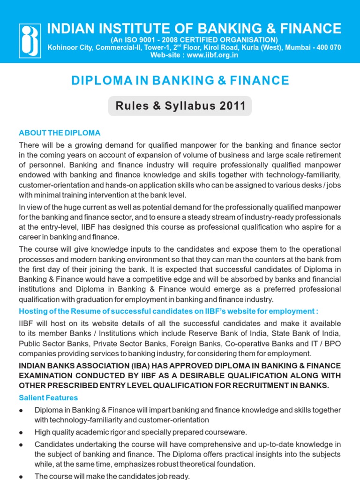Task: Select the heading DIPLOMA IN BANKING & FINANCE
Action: (x=180, y=81)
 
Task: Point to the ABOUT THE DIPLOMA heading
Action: (x=60, y=133)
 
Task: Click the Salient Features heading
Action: (x=48, y=398)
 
